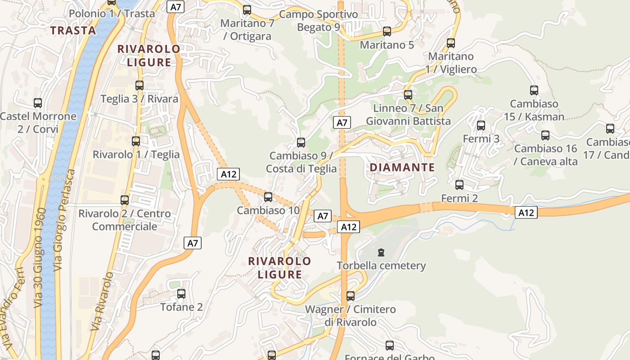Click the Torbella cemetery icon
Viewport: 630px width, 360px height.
[382, 252]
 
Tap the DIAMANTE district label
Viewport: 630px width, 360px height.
[402, 168]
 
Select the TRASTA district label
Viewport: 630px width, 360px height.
[73, 31]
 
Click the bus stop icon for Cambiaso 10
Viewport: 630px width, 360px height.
[268, 197]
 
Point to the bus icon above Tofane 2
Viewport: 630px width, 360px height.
[181, 294]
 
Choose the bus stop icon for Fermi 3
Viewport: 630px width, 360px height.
[481, 126]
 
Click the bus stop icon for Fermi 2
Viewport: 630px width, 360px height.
[459, 185]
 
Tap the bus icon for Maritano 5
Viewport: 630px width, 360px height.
[387, 31]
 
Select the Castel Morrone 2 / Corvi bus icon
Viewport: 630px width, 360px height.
[38, 103]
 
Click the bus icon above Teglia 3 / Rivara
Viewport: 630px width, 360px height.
[139, 85]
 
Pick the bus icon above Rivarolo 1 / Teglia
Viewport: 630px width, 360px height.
[136, 141]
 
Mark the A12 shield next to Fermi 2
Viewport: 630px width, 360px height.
[526, 212]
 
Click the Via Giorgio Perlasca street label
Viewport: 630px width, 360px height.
[64, 220]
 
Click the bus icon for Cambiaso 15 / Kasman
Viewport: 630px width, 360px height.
[534, 90]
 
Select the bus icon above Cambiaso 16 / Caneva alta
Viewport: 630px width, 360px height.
[545, 135]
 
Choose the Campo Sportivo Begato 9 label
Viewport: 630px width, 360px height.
[319, 21]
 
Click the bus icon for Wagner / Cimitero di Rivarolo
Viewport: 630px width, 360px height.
[351, 296]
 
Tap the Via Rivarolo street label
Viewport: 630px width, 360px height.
[102, 301]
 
